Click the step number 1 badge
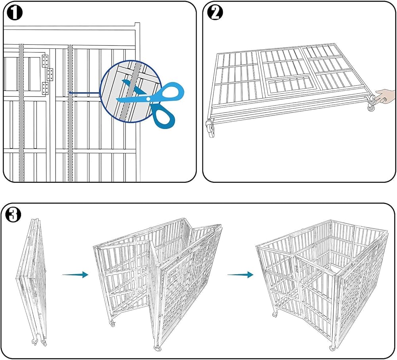(x=15, y=13)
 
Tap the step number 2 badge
(x=215, y=13)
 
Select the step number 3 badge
(x=13, y=215)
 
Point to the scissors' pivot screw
(x=148, y=99)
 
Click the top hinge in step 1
(x=45, y=61)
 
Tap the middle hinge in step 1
(x=50, y=75)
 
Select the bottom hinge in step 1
(x=45, y=89)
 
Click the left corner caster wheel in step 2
(x=211, y=128)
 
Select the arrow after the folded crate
(x=75, y=275)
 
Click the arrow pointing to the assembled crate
(x=240, y=275)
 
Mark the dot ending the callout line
(x=70, y=93)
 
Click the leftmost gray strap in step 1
(x=21, y=113)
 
